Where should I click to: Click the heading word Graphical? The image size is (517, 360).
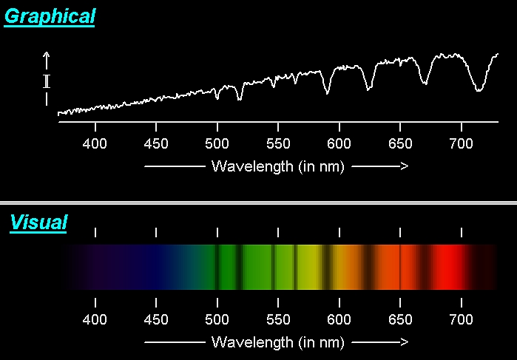coord(50,16)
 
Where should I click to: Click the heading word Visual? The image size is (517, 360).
coord(38,222)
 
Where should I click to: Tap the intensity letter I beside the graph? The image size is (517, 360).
coord(47,81)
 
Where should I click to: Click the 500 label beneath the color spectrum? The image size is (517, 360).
coord(217,319)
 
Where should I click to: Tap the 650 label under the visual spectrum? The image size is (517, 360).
coord(400,319)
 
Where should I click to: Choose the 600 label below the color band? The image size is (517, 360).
coord(339,319)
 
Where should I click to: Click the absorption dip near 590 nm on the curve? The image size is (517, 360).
coord(326,93)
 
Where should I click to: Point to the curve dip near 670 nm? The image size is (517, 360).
coord(425,82)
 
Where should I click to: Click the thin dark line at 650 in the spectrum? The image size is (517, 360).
coord(400,266)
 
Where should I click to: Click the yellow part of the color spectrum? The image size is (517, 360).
coord(311,266)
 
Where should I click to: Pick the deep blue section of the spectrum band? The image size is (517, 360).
coord(152,266)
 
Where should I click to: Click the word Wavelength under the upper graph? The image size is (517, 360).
coord(253,166)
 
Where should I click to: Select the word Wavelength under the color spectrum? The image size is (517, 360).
coord(253,342)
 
